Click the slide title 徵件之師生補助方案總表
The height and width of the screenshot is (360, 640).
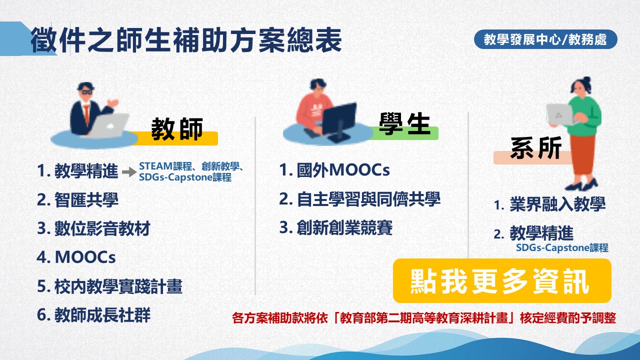click(186, 40)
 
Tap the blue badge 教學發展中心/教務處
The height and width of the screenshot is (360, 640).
click(545, 39)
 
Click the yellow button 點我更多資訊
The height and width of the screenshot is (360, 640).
click(502, 281)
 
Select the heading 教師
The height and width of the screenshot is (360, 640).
click(177, 129)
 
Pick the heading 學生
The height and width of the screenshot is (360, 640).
click(404, 123)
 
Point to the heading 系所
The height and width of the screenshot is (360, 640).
click(536, 147)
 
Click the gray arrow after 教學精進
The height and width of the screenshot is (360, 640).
click(129, 171)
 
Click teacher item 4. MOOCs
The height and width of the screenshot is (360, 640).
click(76, 257)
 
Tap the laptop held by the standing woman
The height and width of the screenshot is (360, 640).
click(560, 114)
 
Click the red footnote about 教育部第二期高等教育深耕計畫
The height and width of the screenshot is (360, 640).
click(424, 318)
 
